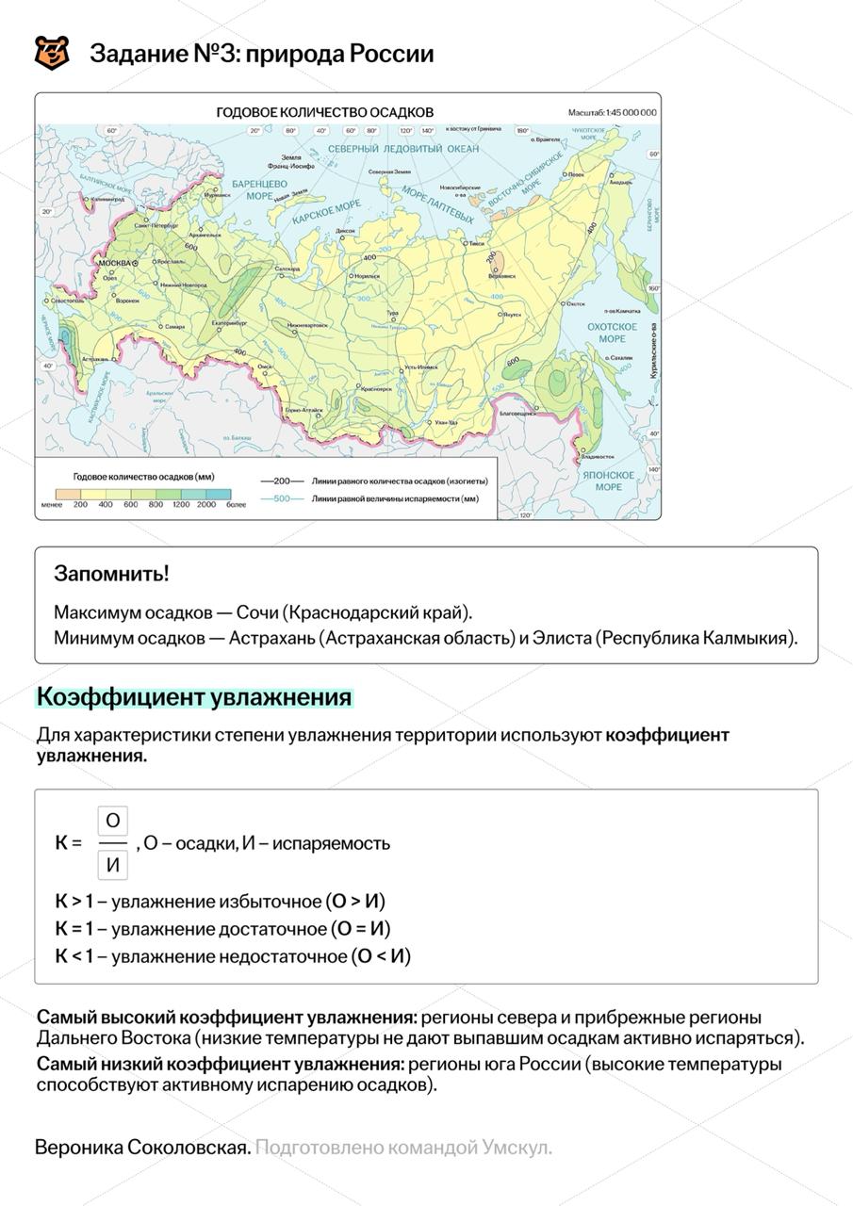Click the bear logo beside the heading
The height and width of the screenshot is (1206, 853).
pos(52,54)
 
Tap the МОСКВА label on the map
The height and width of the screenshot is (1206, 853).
pos(114,262)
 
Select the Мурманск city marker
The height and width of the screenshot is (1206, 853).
pos(215,189)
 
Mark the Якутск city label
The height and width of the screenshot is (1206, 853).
pos(512,314)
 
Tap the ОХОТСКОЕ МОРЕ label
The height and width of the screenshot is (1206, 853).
pos(612,332)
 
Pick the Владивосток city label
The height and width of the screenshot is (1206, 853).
pos(599,456)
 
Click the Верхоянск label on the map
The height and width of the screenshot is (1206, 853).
pos(501,275)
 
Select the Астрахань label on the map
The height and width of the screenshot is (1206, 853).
pos(95,359)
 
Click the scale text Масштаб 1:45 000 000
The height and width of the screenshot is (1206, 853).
pos(612,112)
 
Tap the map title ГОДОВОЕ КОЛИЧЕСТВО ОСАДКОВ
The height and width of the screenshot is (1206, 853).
pos(325,112)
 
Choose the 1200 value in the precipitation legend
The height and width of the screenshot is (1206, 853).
pos(180,504)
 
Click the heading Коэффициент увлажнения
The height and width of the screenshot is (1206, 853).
pos(194,697)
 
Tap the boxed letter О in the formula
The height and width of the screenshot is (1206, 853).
pos(113,820)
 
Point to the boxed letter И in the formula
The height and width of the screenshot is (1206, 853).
pos(113,864)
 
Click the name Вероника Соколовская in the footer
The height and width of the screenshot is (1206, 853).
pos(142,1148)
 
